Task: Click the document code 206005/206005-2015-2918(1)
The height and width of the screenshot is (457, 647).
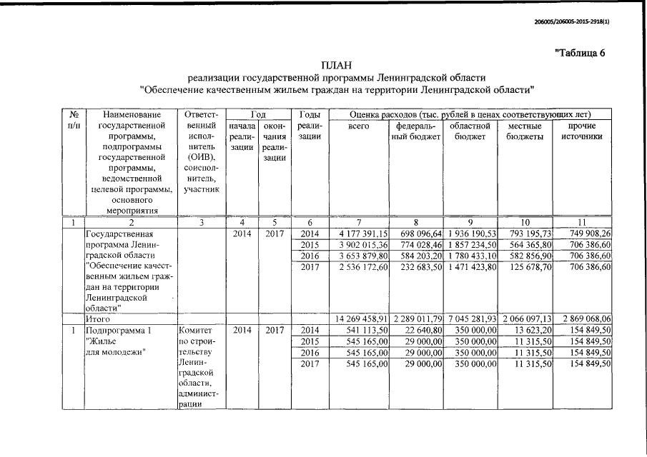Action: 576,22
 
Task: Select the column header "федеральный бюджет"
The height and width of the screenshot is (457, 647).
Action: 417,131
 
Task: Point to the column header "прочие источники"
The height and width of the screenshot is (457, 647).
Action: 581,131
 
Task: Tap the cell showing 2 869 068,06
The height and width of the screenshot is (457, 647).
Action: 583,319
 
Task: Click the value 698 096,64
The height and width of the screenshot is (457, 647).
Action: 420,233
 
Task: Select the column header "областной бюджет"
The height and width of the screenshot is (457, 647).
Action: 470,131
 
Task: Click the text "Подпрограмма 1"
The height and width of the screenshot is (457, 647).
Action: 119,331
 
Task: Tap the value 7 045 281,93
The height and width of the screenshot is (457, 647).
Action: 470,319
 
